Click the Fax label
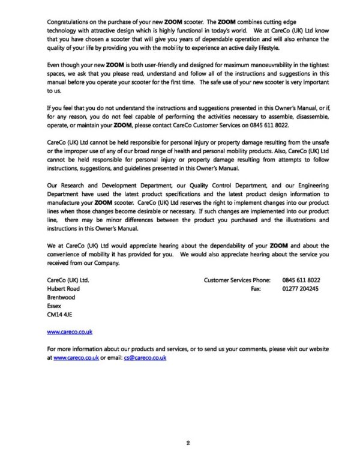click(254, 289)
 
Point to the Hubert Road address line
click(63, 289)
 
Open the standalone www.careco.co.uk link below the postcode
click(69, 331)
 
